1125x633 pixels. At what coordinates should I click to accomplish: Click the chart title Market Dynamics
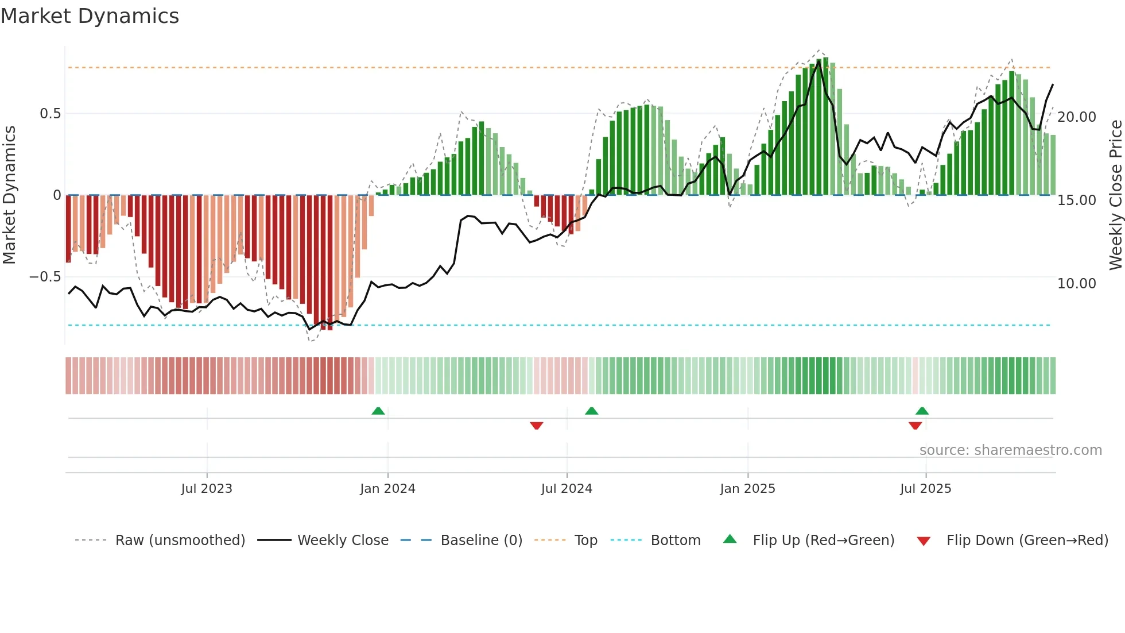[x=90, y=16]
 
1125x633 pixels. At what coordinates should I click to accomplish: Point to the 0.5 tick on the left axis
[x=50, y=114]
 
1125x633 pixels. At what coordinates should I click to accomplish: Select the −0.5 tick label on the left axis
[x=45, y=277]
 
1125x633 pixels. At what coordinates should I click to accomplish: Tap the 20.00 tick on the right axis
[x=1076, y=117]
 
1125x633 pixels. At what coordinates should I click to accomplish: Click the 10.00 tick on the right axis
[x=1076, y=284]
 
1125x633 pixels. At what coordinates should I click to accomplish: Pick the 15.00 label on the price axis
[x=1076, y=200]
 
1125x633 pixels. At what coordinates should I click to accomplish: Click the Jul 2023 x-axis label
[x=207, y=489]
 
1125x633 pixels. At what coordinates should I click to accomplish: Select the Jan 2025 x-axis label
[x=747, y=489]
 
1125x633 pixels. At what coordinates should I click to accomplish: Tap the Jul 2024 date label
[x=567, y=489]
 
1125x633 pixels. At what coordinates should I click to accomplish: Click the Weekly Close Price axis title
[x=1115, y=195]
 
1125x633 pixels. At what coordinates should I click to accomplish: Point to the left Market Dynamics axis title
[x=9, y=195]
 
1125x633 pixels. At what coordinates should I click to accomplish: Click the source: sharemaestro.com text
[x=1010, y=450]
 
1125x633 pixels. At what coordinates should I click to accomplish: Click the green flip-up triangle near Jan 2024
[x=378, y=411]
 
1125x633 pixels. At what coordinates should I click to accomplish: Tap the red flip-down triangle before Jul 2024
[x=537, y=426]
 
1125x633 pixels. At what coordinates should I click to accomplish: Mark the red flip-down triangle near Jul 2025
[x=915, y=426]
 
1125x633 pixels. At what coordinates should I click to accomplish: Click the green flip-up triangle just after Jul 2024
[x=592, y=411]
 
